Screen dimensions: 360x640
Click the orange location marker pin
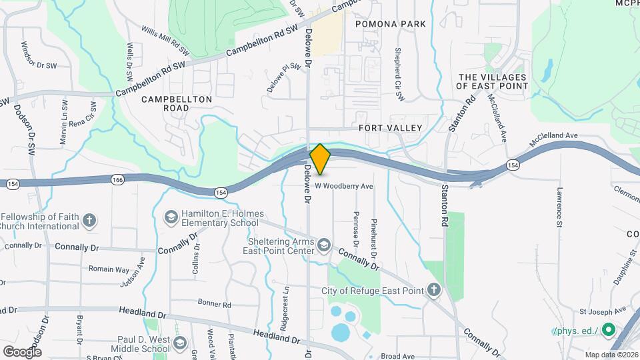tap(320, 159)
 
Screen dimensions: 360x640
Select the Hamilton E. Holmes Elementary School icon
tap(171, 217)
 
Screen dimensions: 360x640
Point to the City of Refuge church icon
tap(433, 290)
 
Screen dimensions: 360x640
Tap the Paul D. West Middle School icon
tap(179, 343)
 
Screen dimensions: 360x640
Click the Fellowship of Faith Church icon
tap(89, 218)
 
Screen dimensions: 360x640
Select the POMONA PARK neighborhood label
tap(390, 24)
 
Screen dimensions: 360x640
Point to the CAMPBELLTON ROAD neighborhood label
tap(177, 103)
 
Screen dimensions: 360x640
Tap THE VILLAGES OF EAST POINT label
tap(493, 81)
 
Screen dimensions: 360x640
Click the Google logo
tap(22, 351)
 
